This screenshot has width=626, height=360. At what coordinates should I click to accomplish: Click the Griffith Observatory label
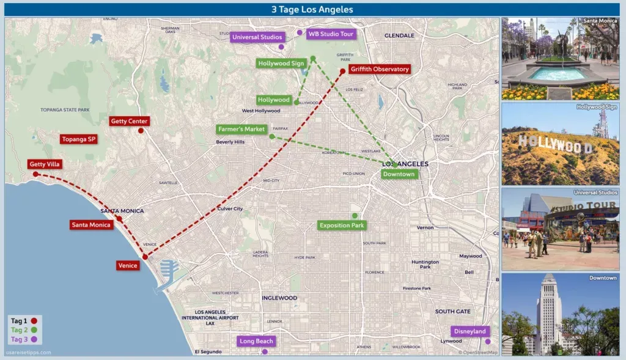(380, 69)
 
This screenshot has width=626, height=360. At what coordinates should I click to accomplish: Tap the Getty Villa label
(45, 164)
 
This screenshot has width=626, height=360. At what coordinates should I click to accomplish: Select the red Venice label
(128, 265)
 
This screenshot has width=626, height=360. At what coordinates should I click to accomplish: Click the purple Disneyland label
(469, 331)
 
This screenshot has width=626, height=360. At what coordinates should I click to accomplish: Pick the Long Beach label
(256, 341)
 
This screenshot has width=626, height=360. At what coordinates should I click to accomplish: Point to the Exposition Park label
(342, 226)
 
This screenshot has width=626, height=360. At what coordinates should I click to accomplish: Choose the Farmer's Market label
(241, 130)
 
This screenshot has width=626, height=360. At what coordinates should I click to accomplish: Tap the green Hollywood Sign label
(281, 63)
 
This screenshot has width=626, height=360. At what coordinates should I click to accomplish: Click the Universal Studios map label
(257, 37)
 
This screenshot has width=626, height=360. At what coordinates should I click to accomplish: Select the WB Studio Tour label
(331, 34)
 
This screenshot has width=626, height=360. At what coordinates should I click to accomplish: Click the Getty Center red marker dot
(141, 130)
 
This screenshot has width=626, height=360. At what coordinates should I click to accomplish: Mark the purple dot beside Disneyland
(488, 341)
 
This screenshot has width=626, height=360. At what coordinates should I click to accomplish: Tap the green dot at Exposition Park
(355, 216)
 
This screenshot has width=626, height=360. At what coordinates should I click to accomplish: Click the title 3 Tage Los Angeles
(312, 10)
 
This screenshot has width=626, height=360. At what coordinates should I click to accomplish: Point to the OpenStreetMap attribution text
(478, 352)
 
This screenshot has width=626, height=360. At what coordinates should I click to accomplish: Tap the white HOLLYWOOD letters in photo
(555, 144)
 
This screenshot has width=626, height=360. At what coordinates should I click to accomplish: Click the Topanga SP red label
(79, 139)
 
